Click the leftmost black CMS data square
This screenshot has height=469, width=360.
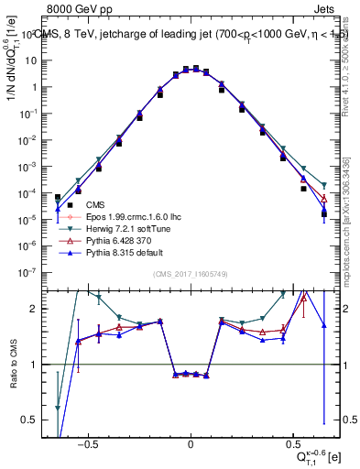[58, 197]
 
